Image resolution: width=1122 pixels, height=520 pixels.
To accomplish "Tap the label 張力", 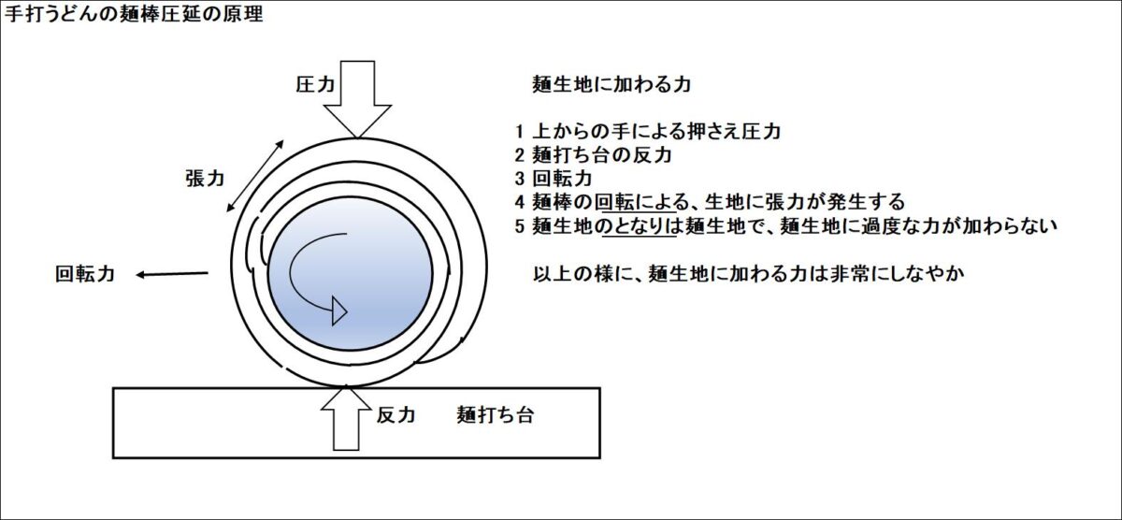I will (204, 180).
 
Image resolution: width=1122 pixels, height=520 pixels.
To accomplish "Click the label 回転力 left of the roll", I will (85, 275).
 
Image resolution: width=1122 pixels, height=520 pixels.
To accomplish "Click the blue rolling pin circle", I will (350, 271).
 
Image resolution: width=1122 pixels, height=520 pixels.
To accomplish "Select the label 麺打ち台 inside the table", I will (496, 415).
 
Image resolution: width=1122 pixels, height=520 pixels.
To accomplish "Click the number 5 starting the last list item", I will (520, 224).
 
